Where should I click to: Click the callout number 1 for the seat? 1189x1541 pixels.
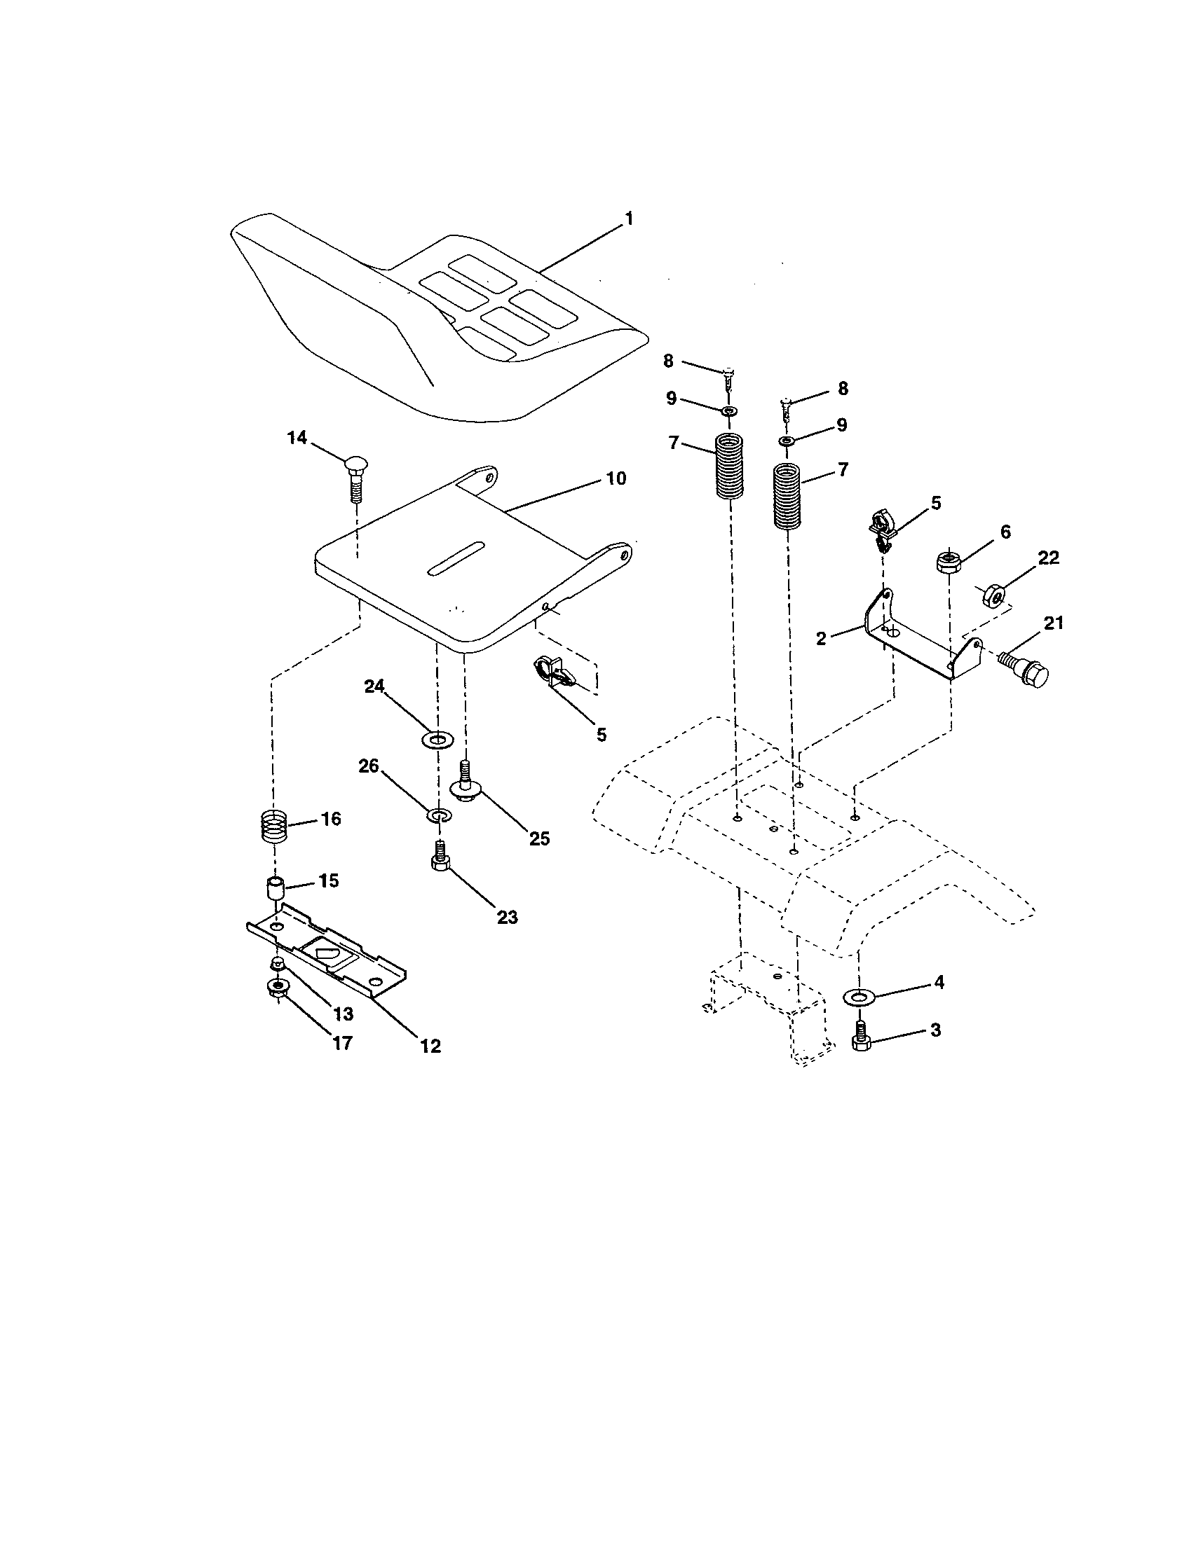point(627,219)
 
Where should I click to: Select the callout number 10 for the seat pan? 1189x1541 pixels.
point(616,478)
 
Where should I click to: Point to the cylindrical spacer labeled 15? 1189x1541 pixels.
point(275,887)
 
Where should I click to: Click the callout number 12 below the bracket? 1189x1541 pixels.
point(430,1046)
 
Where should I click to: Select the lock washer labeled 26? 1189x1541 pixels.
point(438,815)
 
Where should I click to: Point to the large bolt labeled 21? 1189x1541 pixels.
point(1024,669)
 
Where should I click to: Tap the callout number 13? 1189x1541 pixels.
point(342,1014)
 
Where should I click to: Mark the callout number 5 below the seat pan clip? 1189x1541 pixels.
point(601,735)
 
